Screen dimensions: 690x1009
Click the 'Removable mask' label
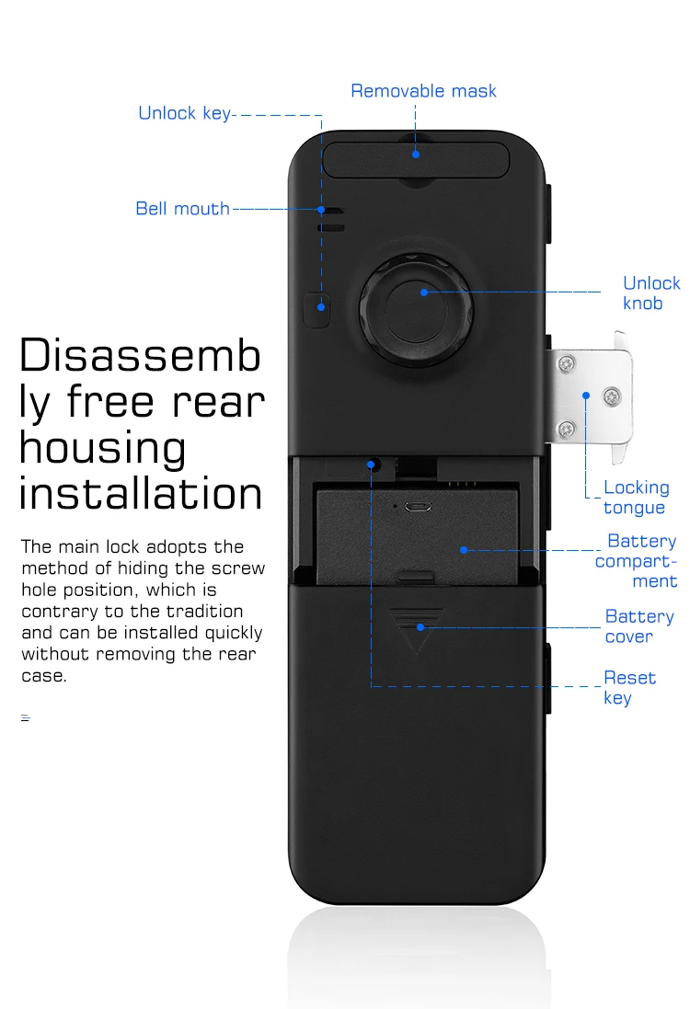coord(423,91)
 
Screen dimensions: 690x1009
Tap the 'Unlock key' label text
coord(184,113)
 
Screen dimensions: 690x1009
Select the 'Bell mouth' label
coord(182,209)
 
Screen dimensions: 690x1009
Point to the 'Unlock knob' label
coord(651,293)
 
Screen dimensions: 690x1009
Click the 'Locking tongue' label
coord(636,498)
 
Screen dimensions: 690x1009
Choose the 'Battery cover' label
coord(639,626)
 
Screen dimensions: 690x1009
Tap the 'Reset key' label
coord(629,688)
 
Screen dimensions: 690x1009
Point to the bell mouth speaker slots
coord(331,219)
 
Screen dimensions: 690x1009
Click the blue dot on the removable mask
coord(416,154)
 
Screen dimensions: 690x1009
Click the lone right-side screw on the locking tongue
coord(612,397)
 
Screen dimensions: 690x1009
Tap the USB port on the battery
coord(419,506)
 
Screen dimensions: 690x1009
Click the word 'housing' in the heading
coord(103,448)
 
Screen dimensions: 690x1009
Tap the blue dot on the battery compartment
coord(464,550)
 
